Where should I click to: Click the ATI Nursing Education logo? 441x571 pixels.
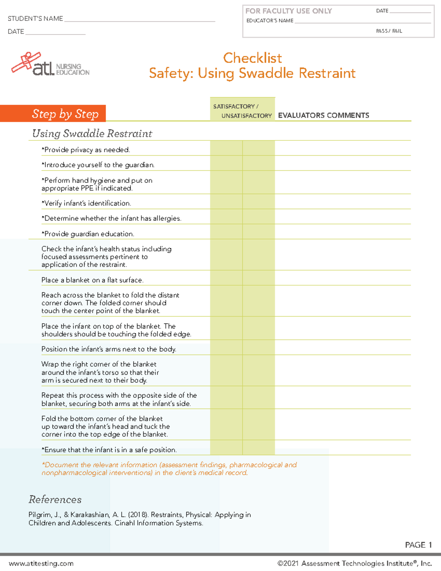pos(50,65)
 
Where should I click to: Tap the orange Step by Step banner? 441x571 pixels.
pos(53,114)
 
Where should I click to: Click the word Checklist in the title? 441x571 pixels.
pos(252,58)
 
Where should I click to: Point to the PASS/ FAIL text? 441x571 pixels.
pos(389,31)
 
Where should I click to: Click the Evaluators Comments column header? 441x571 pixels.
pos(323,115)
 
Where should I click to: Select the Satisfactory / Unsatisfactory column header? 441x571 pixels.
pos(243,111)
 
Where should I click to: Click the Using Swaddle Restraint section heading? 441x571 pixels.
pos(92,133)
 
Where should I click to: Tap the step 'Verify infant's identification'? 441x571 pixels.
pos(86,203)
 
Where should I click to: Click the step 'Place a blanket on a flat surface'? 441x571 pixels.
pos(92,280)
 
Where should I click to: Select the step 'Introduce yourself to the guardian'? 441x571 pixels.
pos(98,165)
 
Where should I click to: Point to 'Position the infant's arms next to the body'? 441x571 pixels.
pos(109,349)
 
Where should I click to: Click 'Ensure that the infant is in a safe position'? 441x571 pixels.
pos(109,450)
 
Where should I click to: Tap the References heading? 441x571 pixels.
pos(55,499)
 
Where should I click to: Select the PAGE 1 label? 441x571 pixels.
pos(418,545)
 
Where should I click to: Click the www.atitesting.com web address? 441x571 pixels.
pos(41,564)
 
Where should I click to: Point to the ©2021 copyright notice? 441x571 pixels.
pos(354,564)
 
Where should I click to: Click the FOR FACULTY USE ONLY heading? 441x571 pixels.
pos(288,11)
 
